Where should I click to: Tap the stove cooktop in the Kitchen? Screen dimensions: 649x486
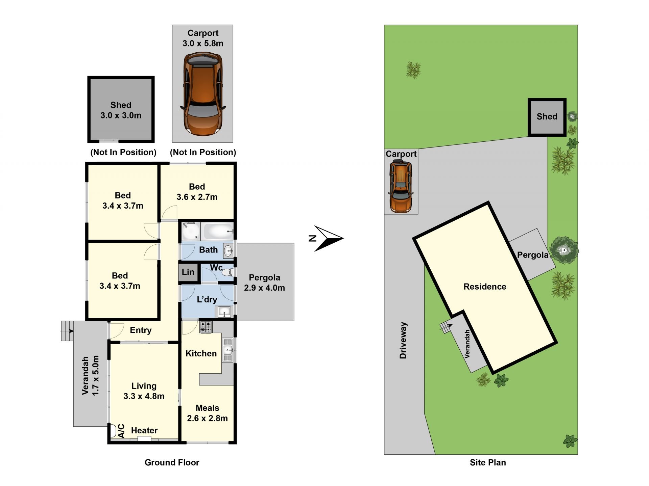pos(206,327)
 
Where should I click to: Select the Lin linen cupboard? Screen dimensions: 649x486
pos(188,272)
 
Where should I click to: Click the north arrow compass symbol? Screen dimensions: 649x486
pos(326,239)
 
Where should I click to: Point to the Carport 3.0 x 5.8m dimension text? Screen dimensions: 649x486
pos(203,43)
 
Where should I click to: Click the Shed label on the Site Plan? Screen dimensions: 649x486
pos(547,116)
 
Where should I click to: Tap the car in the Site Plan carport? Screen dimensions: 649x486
pos(401,186)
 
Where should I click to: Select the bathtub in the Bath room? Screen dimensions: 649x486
pos(218,231)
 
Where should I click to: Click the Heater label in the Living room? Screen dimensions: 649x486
pos(144,430)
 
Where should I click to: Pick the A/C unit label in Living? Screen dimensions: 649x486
pos(121,431)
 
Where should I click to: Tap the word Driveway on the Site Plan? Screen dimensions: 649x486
pos(403,340)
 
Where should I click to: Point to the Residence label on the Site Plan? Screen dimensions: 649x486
pos(485,287)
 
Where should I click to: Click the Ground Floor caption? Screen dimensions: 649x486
pos(172,462)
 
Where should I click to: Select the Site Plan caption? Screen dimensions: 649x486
pos(488,462)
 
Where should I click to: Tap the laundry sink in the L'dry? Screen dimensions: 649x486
pos(224,312)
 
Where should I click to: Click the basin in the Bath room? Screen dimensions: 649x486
pos(229,250)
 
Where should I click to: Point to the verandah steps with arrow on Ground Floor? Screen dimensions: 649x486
pos(67,331)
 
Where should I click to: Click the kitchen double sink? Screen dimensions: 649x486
pos(228,350)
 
